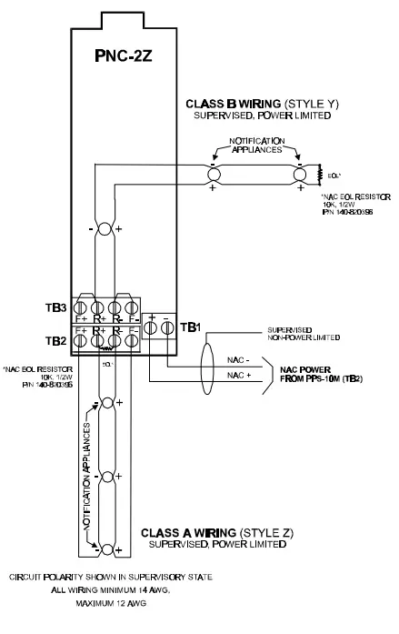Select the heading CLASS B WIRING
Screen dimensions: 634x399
231,105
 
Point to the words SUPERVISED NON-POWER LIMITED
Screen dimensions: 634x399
304,334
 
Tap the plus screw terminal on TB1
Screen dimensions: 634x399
151,334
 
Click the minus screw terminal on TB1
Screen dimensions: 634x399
167,334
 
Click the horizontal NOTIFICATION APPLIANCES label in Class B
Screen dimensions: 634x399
254,148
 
